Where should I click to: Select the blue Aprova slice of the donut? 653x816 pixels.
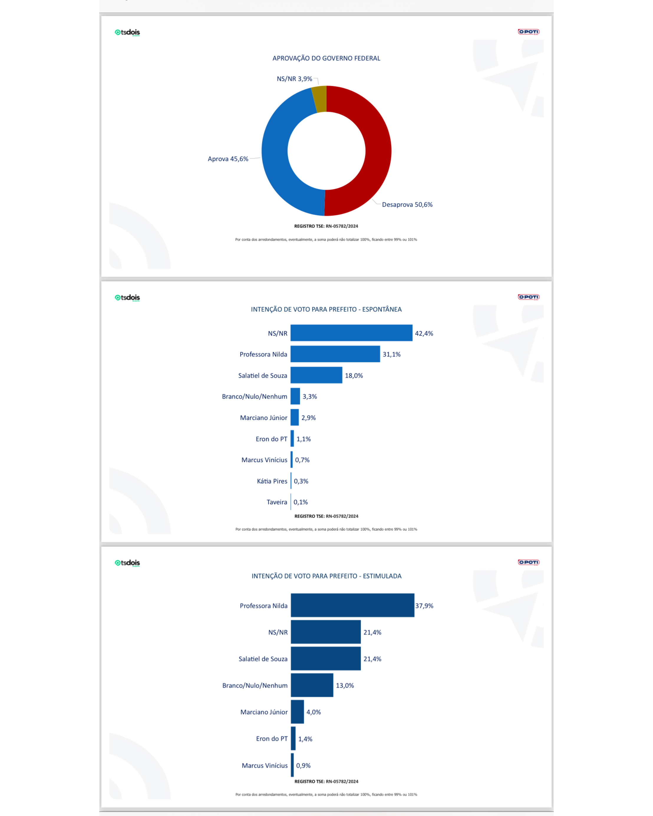tap(276, 159)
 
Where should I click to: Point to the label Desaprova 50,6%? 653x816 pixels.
tap(407, 205)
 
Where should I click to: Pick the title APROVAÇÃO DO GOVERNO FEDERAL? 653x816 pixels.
tap(326, 58)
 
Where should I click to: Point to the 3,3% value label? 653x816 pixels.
tap(310, 397)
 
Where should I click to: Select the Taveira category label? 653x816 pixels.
tap(277, 502)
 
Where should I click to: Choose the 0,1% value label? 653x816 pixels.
tap(301, 502)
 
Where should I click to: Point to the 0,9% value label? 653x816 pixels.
tap(303, 765)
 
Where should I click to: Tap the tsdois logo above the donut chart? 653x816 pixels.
tap(127, 32)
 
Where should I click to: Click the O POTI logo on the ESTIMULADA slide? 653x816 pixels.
tap(528, 562)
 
